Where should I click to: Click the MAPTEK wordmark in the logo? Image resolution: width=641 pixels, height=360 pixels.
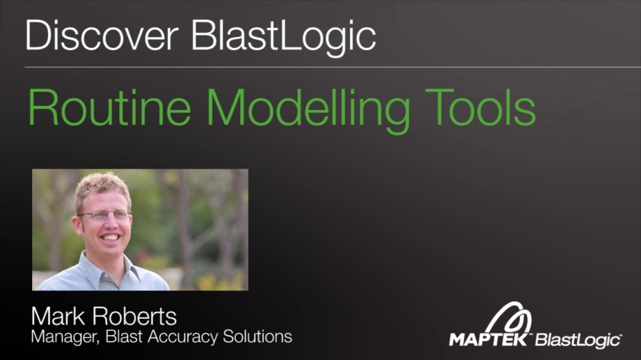(488, 339)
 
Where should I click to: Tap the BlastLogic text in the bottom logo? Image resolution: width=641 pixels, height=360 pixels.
(578, 340)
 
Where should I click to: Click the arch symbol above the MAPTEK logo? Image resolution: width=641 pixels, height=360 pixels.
(510, 318)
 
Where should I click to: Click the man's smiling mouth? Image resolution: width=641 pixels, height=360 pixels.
(110, 238)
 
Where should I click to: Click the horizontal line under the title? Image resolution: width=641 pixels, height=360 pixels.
(320, 67)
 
